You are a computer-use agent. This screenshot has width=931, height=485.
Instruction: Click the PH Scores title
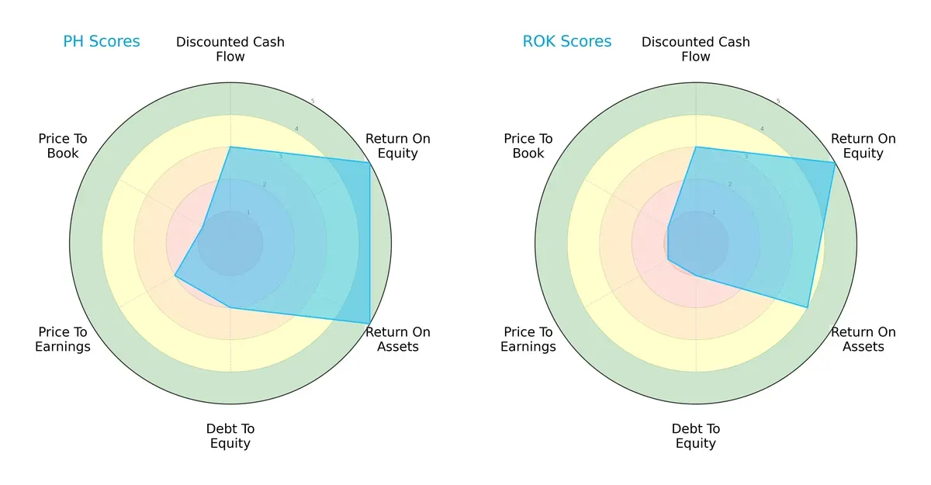point(102,41)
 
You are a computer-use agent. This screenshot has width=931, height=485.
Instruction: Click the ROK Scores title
point(566,41)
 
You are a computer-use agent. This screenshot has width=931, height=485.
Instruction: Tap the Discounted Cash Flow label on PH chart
point(230,49)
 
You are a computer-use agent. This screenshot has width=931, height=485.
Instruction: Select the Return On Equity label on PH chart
point(397,146)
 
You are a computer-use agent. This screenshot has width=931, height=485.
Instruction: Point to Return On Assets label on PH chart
point(397,339)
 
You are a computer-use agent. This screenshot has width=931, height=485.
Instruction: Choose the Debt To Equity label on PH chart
point(230,436)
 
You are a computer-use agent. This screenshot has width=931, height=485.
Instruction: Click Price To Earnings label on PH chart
point(63,339)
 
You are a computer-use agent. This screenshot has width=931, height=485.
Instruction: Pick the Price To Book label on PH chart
point(63,146)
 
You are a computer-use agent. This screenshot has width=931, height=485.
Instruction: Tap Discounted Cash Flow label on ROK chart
point(695,49)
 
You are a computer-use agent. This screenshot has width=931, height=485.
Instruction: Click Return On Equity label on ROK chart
point(863,146)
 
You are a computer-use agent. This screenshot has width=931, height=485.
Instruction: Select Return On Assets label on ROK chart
point(863,339)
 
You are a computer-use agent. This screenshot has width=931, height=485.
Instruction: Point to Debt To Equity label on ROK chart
point(695,436)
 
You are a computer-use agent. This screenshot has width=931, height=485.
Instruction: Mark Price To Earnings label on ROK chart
point(528,339)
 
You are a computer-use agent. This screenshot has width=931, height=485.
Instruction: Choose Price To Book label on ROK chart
point(528,146)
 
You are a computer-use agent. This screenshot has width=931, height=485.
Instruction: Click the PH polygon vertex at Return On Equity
point(369,162)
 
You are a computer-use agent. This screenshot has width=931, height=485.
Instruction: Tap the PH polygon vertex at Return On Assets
point(369,323)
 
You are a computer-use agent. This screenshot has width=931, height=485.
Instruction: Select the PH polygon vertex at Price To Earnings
point(175,275)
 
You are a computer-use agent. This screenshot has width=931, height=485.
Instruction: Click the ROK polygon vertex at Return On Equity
point(835,162)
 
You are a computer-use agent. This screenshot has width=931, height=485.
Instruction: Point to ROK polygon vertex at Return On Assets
point(808,307)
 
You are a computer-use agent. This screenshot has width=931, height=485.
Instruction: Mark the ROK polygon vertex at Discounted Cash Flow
point(695,147)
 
